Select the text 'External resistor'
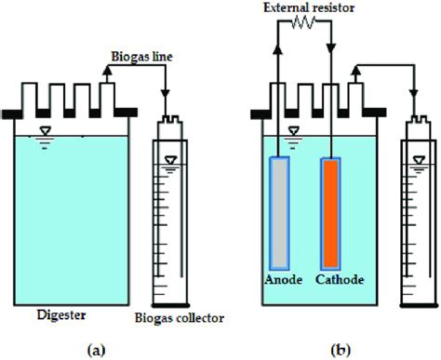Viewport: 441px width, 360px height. [x=308, y=8]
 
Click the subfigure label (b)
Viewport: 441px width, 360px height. [x=341, y=350]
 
